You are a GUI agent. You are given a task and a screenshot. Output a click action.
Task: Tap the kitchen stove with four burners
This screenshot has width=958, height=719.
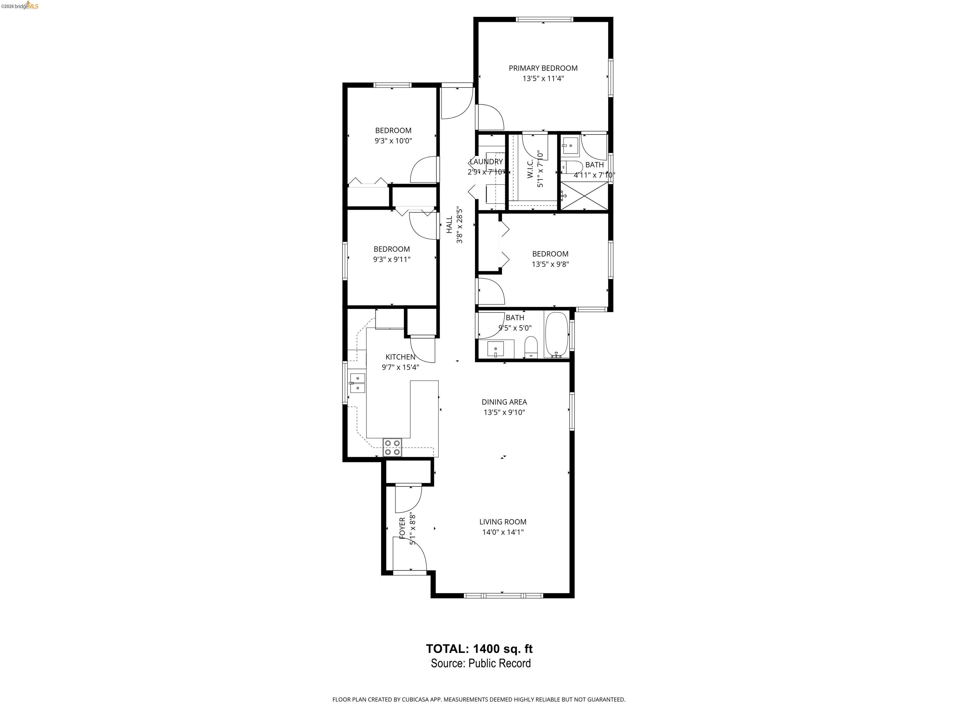tap(392, 447)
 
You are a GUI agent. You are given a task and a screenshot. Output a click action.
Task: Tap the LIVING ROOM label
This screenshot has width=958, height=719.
tap(502, 522)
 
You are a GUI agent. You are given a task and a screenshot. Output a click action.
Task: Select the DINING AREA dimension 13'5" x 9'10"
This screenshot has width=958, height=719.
tap(504, 412)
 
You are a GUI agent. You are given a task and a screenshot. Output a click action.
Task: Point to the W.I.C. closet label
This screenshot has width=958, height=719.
tap(530, 169)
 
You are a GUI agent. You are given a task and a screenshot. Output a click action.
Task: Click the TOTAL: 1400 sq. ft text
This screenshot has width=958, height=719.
tap(479, 649)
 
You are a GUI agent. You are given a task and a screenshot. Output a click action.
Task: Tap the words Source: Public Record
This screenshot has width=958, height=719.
tap(481, 663)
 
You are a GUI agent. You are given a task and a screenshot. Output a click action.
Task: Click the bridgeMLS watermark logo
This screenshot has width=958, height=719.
tap(20, 6)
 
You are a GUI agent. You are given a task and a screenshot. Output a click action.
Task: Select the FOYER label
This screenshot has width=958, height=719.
tap(402, 528)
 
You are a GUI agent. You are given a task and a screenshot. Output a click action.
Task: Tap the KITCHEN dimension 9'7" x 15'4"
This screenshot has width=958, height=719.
tap(400, 367)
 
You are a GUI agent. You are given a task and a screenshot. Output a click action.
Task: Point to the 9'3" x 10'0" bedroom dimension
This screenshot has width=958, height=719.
tap(393, 141)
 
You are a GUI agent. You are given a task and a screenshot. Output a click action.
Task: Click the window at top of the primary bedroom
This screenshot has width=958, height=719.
tap(544, 19)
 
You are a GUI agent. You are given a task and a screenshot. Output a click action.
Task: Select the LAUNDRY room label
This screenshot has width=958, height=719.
tap(486, 162)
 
